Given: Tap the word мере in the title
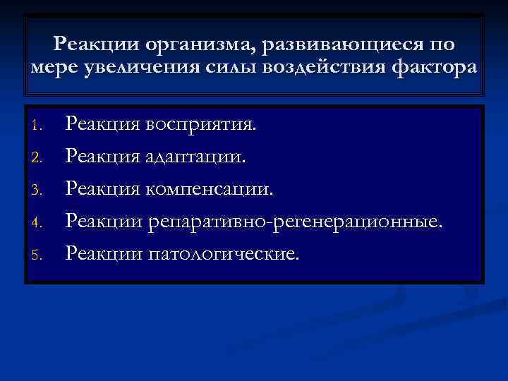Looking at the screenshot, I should click(53, 68).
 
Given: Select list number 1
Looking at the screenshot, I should click(40, 128).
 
